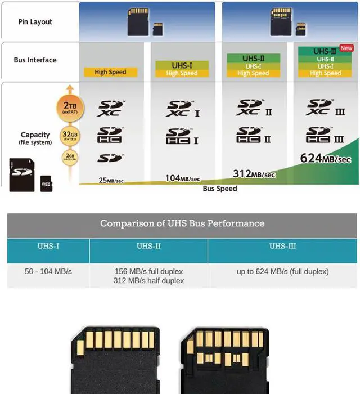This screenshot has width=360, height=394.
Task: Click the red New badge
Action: pos(346,48)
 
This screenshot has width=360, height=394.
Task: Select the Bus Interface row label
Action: pos(35,60)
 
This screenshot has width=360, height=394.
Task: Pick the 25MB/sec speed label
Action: pos(110,181)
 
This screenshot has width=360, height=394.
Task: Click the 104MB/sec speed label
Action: pos(182,178)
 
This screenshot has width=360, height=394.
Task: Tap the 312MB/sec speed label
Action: pos(254,174)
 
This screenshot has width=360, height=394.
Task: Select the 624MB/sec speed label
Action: pos(326,159)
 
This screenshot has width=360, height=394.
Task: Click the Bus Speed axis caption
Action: pos(220,189)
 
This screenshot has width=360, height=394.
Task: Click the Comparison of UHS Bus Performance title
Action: pos(182,223)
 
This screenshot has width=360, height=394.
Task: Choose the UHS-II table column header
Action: pos(148,247)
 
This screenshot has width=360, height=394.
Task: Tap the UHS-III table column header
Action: pos(282,247)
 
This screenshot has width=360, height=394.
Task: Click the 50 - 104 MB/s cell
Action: pos(48,272)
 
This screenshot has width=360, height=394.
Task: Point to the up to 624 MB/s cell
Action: pos(282,272)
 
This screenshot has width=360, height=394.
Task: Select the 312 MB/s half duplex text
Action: pos(148,280)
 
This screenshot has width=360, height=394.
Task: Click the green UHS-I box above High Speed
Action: pos(182,65)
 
